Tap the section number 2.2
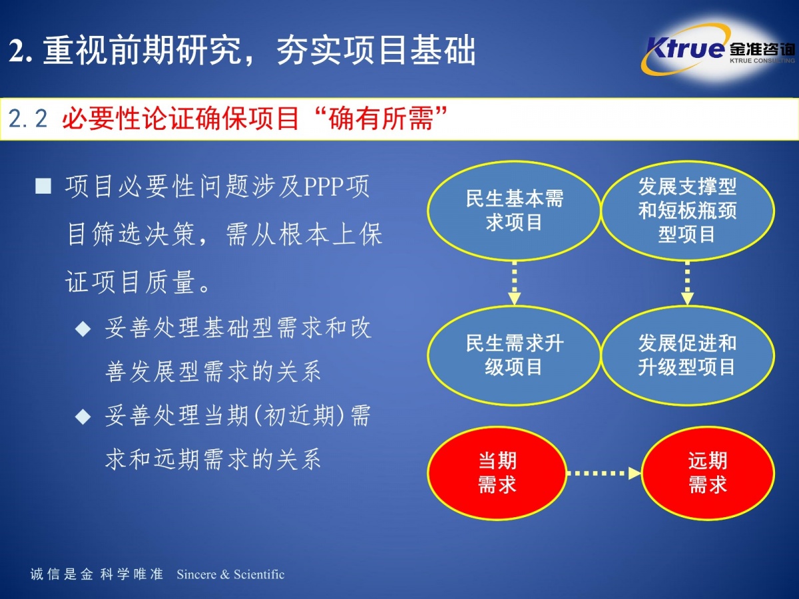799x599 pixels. (28, 119)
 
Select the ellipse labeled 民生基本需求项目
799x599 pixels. (514, 211)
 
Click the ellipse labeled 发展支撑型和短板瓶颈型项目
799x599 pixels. (688, 211)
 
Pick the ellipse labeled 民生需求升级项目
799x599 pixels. (514, 355)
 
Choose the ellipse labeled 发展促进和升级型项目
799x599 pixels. (688, 355)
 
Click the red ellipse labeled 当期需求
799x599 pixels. (497, 473)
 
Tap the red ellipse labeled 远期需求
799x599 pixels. (707, 473)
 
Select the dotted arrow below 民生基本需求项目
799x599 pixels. (514, 283)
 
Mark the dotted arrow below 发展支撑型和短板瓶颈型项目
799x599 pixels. (687, 283)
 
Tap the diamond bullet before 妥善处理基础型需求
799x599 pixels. (83, 329)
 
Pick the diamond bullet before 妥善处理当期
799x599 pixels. (83, 417)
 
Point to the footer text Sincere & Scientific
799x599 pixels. (230, 574)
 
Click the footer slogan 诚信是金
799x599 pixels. (61, 574)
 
